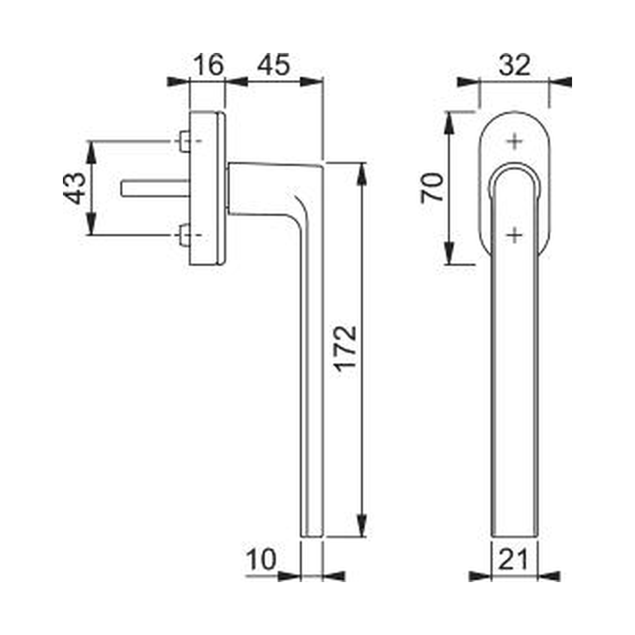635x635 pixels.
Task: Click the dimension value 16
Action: pos(208,65)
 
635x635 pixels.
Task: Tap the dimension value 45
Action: pos(274,65)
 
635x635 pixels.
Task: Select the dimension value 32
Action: pos(514,65)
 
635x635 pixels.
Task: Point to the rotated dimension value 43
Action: pos(75,188)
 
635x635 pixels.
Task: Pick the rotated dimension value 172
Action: pos(346,349)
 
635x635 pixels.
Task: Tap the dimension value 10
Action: pos(261,559)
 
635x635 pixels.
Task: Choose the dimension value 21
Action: pos(513,559)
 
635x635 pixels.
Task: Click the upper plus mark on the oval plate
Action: pos(514,142)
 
